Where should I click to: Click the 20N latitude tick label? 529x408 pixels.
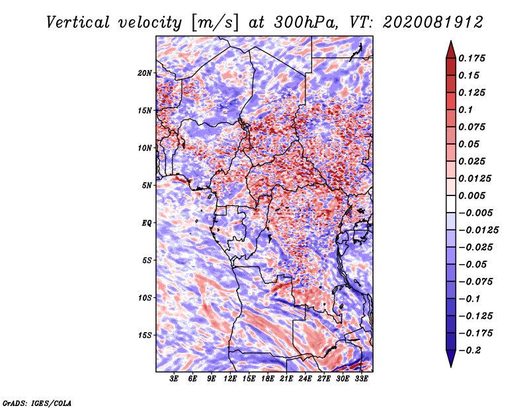coord(145,73)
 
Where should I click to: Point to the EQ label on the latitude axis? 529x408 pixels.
coord(146,223)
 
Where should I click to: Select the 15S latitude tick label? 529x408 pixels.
coord(145,335)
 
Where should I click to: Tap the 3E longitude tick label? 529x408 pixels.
coord(174,378)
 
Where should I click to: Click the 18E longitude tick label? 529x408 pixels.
coord(268,378)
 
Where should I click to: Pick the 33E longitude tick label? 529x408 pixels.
coord(361,378)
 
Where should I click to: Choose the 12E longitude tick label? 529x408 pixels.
coord(230,378)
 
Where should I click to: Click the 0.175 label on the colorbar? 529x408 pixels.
coord(471,58)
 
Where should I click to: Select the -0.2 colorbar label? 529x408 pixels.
coord(470,351)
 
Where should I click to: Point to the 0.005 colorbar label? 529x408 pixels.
coord(471,195)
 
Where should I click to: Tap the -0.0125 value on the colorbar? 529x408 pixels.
coord(478,230)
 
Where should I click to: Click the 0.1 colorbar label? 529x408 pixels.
coord(466,110)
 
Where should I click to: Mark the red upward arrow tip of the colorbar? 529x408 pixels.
coord(451,41)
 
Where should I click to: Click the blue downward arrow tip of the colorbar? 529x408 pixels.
coord(451,366)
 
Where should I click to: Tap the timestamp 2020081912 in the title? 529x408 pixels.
coord(433,22)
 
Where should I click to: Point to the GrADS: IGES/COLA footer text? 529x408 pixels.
coord(37,403)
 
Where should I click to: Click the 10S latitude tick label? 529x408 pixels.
coord(145,298)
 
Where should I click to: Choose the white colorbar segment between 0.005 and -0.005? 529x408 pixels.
coord(451,204)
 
